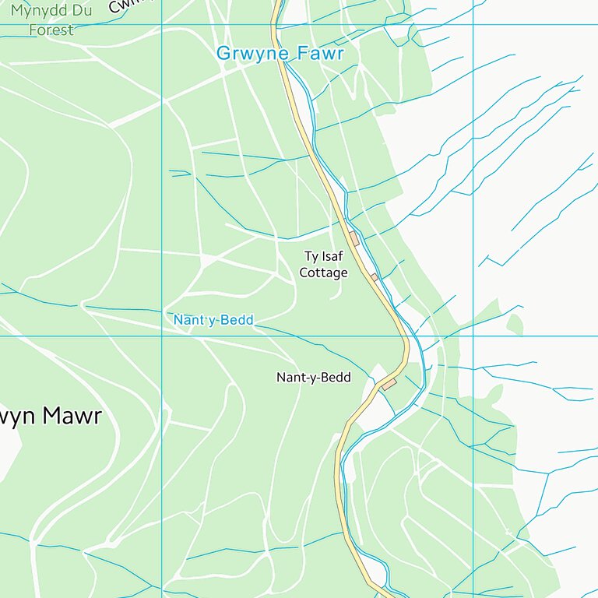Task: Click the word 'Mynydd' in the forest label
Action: [x=37, y=12]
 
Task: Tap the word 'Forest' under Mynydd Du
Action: [x=51, y=30]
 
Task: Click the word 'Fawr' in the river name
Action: [x=320, y=54]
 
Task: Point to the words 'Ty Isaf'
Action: [x=323, y=256]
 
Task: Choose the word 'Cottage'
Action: [x=323, y=273]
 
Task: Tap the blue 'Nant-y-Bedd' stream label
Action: [x=213, y=320]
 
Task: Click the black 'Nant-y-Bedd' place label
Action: [x=314, y=378]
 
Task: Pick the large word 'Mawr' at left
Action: [x=72, y=416]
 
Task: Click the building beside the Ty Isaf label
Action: [x=354, y=238]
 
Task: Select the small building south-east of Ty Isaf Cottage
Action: [x=375, y=277]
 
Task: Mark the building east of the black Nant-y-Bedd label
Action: [x=389, y=385]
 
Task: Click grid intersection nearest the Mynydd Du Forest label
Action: [x=162, y=24]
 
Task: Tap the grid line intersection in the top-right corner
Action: [x=473, y=24]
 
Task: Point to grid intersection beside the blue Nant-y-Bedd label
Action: [x=162, y=336]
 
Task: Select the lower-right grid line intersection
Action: [x=473, y=336]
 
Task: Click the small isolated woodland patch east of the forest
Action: [x=514, y=322]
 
